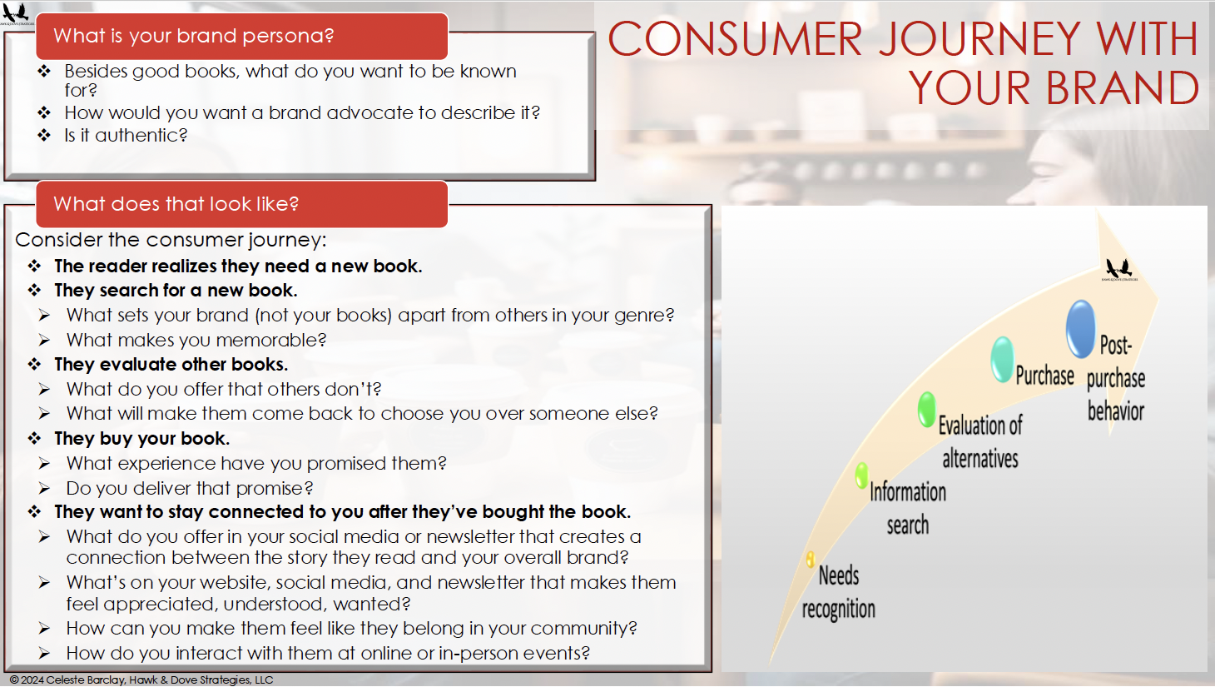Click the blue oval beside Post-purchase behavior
point(1080,329)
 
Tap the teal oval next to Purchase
point(1002,359)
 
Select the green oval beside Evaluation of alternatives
point(927,409)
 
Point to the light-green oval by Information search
point(861,475)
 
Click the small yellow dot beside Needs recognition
point(811,559)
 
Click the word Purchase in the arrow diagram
point(1044,376)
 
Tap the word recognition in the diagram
point(839,609)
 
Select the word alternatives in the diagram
point(980,459)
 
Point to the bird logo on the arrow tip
point(1119,269)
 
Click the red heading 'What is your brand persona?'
point(242,37)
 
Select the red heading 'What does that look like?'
point(242,204)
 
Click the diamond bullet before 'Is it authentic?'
point(44,135)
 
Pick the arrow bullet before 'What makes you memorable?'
point(44,341)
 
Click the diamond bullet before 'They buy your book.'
point(35,438)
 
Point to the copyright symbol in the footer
point(14,680)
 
